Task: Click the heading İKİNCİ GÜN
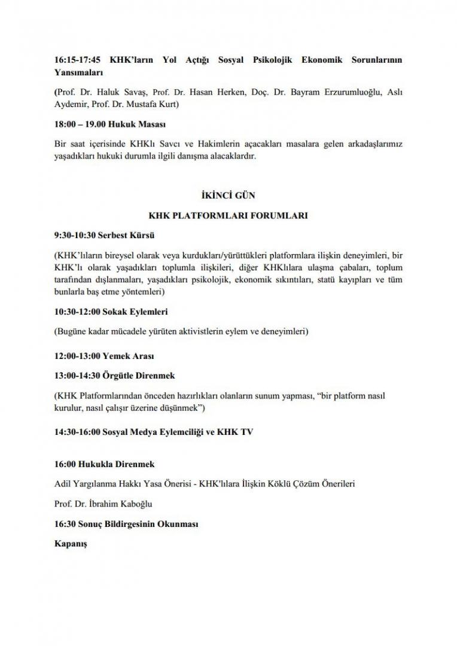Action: tap(228, 195)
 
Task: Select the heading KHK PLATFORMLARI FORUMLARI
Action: tap(228, 215)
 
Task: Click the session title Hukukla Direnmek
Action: tap(121, 464)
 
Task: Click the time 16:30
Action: tap(64, 524)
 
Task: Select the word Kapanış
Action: tap(71, 545)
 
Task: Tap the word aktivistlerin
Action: tap(207, 331)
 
